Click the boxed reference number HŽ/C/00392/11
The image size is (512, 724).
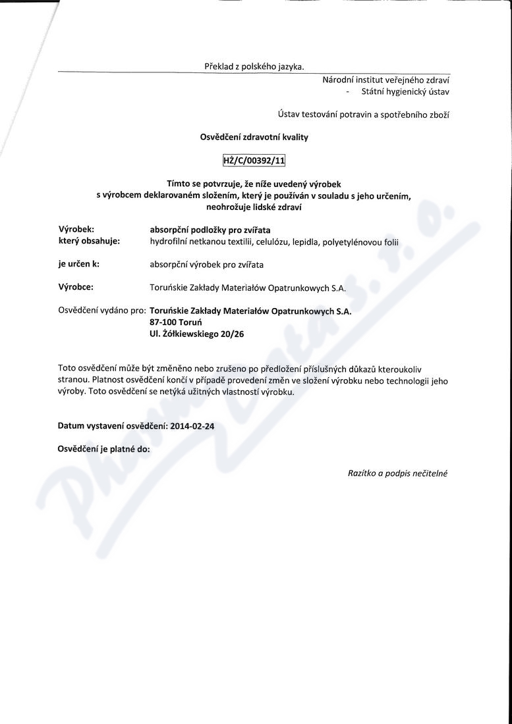coord(254,161)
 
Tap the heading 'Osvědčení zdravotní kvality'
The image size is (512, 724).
coord(254,137)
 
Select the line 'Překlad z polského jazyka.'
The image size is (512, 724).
coord(254,66)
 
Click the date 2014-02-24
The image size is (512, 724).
coord(192,426)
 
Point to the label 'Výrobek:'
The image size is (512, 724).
coord(76,230)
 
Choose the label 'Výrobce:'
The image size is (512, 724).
coord(76,287)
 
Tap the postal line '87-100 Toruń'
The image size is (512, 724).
coord(175,323)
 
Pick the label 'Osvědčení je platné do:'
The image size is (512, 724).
coord(104,449)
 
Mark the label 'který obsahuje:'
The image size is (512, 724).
coord(89,241)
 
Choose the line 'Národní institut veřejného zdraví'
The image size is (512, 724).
coord(386,80)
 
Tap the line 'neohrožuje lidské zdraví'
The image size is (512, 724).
coord(254,207)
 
